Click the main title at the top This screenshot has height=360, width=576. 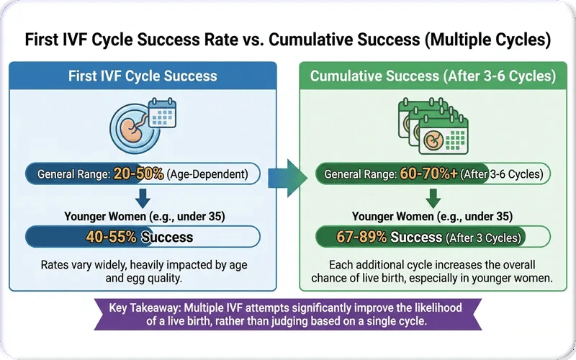tap(288, 40)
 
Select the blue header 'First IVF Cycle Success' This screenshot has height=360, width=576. tap(142, 76)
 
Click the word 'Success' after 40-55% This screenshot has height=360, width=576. tap(168, 236)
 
